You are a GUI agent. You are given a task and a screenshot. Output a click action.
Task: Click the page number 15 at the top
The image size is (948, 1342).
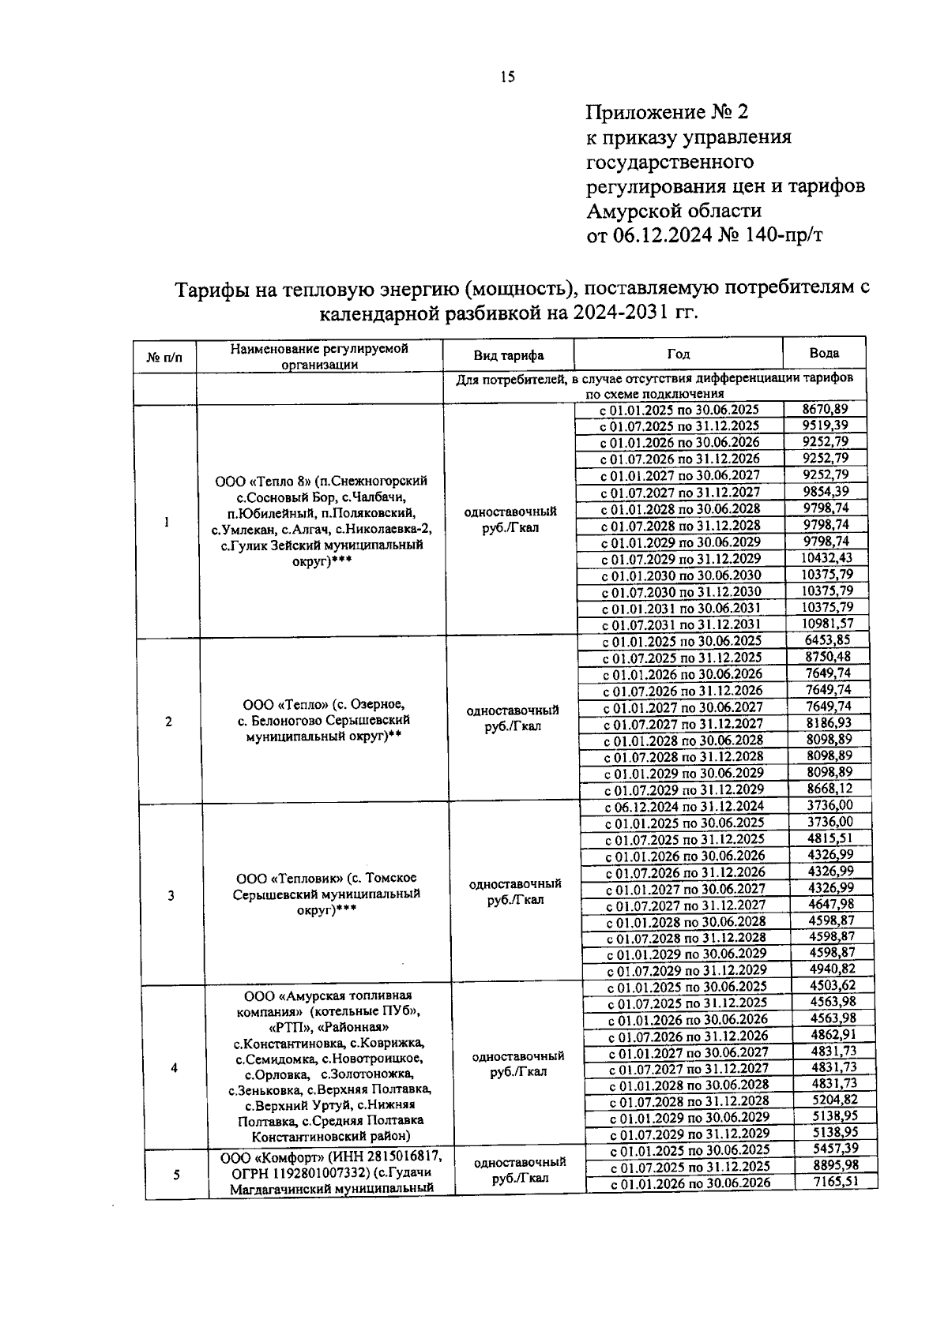click(x=506, y=77)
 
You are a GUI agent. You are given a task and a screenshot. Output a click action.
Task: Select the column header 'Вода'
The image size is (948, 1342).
click(x=824, y=353)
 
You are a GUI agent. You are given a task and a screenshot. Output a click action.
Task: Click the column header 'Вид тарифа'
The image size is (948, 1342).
click(x=508, y=355)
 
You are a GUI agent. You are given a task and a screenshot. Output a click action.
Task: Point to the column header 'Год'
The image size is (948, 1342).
click(x=677, y=354)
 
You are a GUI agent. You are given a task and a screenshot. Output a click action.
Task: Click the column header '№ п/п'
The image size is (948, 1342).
click(x=164, y=358)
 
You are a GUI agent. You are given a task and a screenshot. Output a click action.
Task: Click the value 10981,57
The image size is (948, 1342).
click(x=827, y=624)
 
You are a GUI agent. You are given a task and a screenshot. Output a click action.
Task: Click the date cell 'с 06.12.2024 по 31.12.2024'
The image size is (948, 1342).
click(x=684, y=807)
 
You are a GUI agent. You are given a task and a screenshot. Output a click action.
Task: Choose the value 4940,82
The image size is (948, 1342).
click(x=832, y=969)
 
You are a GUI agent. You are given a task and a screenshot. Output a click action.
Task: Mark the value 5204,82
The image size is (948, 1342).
click(x=833, y=1100)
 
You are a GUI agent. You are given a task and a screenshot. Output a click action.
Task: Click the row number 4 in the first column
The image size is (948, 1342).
click(x=174, y=1068)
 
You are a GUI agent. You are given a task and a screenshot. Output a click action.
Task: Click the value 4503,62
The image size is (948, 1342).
click(x=833, y=986)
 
